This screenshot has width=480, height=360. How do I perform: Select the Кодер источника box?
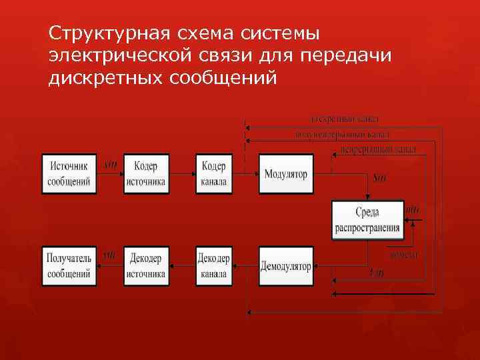click(x=146, y=174)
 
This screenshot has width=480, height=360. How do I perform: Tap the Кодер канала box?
click(x=214, y=174)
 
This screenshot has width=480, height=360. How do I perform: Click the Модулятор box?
click(x=285, y=174)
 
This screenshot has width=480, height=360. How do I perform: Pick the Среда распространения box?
click(x=367, y=220)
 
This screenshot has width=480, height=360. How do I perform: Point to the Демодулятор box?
click(x=285, y=267)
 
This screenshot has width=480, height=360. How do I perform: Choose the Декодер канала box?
click(x=214, y=267)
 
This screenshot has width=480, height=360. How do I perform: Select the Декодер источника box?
click(x=146, y=267)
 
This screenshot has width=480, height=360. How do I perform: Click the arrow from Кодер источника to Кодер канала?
click(x=182, y=174)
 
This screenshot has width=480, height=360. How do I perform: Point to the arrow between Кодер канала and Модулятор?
click(x=245, y=174)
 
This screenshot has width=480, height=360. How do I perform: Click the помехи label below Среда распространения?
click(x=403, y=254)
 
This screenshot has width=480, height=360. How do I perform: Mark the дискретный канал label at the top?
click(x=345, y=119)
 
